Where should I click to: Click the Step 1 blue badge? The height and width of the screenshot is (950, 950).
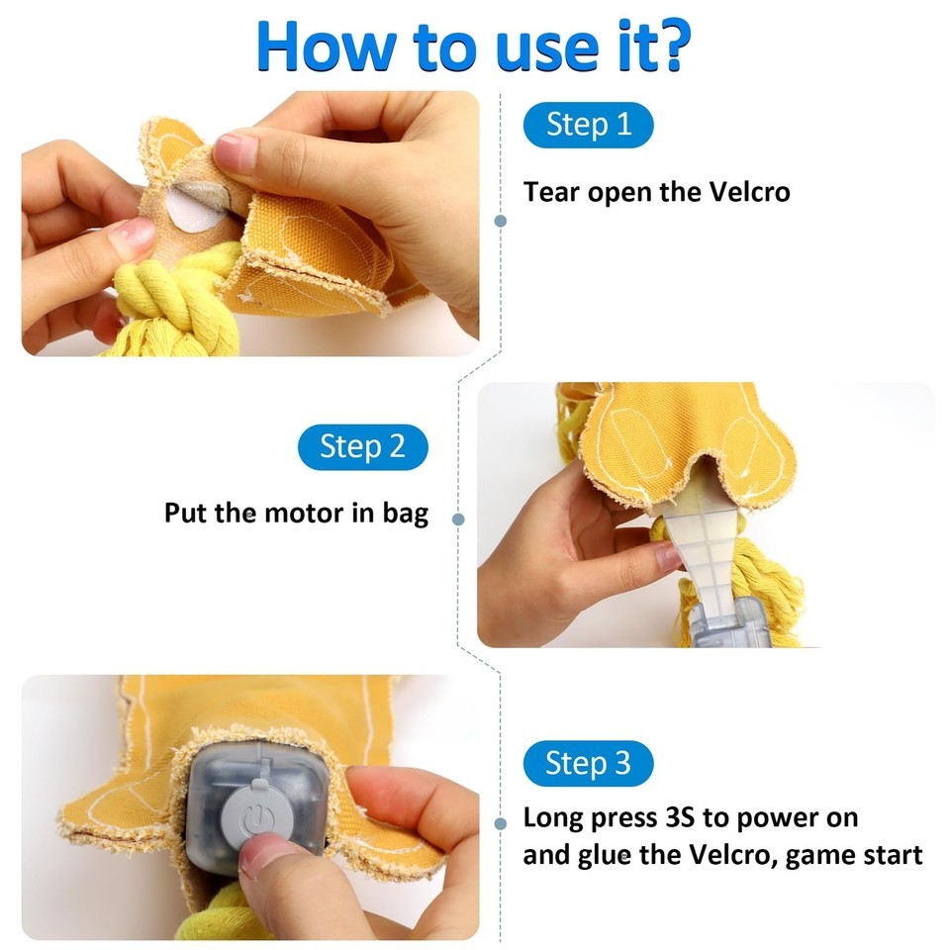(x=588, y=126)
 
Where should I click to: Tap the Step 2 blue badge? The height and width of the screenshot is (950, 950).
(x=363, y=447)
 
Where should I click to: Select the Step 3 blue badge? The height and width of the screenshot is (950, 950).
(x=588, y=763)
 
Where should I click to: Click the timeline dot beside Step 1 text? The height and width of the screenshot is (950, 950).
(x=501, y=221)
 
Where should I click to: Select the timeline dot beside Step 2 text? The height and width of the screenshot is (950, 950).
(x=458, y=520)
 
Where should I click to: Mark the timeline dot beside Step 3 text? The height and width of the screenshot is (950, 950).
(x=501, y=823)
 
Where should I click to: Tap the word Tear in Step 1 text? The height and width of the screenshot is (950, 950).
(x=551, y=192)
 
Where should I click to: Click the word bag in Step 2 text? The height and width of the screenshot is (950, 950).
(x=406, y=515)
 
